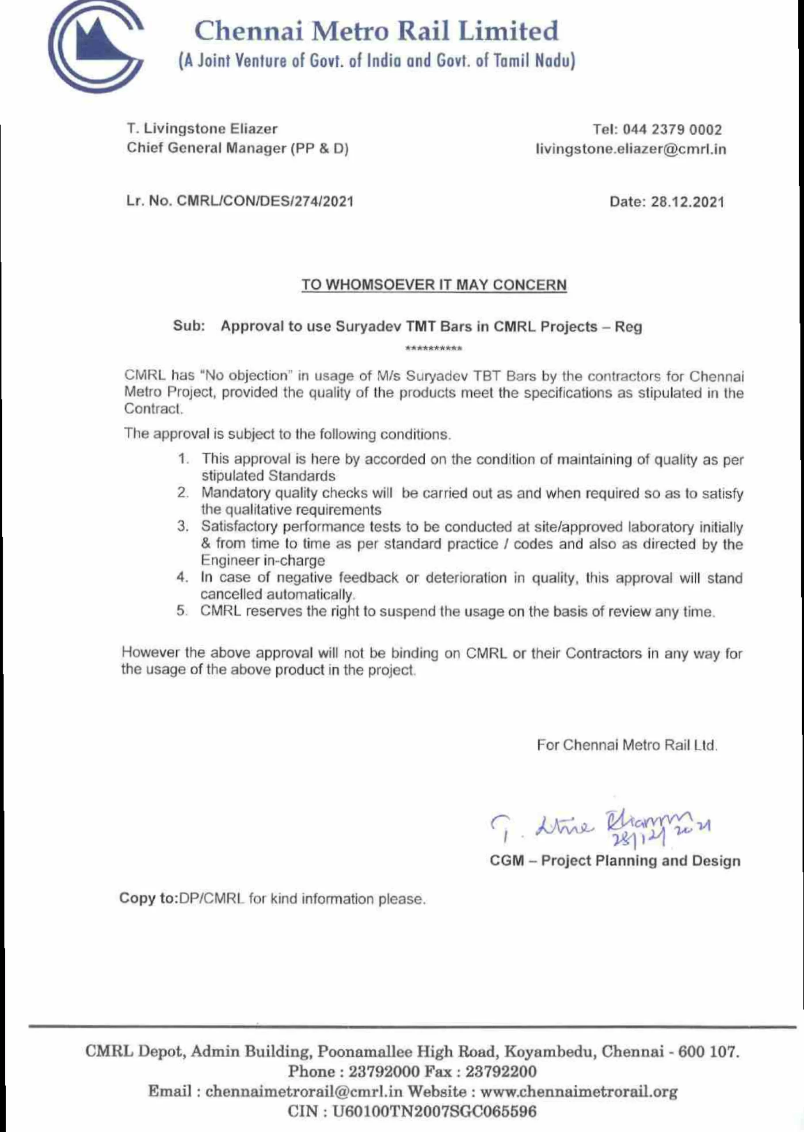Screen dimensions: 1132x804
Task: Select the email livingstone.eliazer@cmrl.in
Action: coord(631,149)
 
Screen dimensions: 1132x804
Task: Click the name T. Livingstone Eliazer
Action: coord(202,129)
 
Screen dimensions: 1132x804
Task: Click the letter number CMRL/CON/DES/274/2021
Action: coord(265,201)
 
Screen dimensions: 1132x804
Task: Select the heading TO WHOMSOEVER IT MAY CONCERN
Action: coord(434,285)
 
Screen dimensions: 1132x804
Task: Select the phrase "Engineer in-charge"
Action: coord(263,561)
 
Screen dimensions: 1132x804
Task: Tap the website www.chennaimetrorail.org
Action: coord(579,1091)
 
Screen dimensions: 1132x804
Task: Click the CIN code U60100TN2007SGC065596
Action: coord(434,1112)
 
